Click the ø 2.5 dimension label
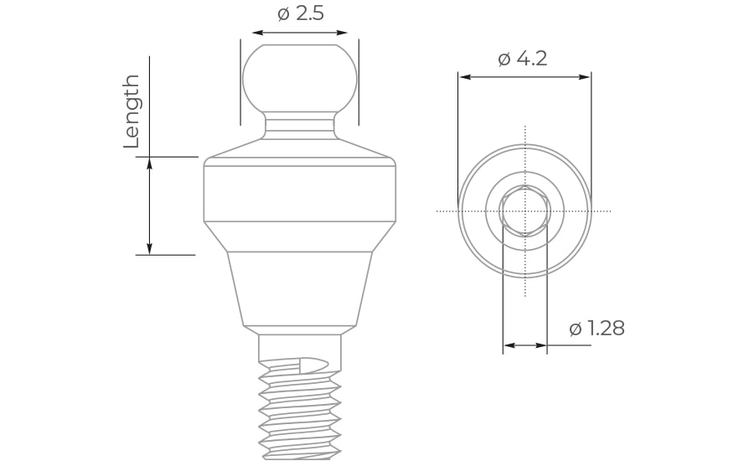pos(300,13)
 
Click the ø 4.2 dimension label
pos(522,59)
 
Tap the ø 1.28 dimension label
pos(596,329)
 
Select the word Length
pos(132,111)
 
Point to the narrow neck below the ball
pos(300,126)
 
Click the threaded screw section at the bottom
pos(300,411)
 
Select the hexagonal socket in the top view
pos(524,210)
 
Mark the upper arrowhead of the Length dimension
pos(150,163)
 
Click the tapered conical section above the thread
pos(300,288)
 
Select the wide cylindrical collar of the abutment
pos(300,194)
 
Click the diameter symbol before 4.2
pos(504,60)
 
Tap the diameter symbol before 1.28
pos(576,329)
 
